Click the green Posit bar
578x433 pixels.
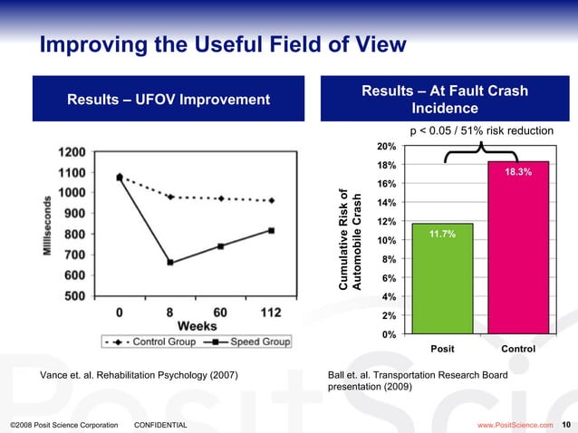point(440,279)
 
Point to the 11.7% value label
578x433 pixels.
point(440,234)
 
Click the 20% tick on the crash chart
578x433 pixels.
point(385,146)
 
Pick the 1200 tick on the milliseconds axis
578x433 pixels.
point(73,151)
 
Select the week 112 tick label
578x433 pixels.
point(271,312)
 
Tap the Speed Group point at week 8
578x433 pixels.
point(170,263)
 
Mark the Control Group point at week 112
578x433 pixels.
point(272,200)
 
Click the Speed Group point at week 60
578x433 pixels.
point(221,246)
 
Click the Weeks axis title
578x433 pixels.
point(196,325)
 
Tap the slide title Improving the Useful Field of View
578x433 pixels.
point(222,44)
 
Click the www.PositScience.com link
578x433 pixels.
point(514,424)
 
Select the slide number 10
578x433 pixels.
point(566,424)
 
